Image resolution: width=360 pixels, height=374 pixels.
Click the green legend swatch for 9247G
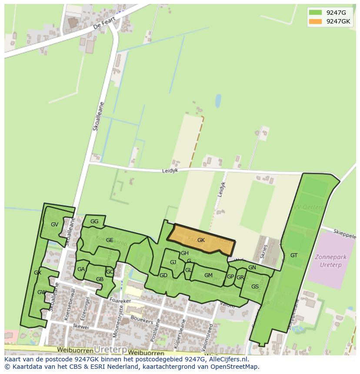coord(315,13)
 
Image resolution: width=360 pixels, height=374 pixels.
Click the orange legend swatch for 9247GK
coord(315,21)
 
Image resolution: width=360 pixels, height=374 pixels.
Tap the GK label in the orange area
coord(201,240)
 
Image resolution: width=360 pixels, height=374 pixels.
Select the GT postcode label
coord(294,255)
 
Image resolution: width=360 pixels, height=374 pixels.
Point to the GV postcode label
coord(54,225)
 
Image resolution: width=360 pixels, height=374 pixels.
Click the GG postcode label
coord(94,222)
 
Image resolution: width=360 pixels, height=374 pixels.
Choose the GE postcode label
coord(110,240)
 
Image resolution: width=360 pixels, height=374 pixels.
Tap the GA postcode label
coord(81,269)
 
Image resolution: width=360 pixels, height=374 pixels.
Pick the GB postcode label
coord(100,279)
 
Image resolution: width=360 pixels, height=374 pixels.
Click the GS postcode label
coord(255,286)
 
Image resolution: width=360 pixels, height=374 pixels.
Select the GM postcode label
coord(208,275)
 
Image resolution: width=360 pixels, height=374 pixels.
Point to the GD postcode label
coord(163,275)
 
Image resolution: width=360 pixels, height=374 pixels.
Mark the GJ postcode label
coord(173,262)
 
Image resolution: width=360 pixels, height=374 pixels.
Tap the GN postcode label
coord(252,268)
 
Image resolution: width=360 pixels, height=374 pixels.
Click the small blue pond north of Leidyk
coord(218,101)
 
